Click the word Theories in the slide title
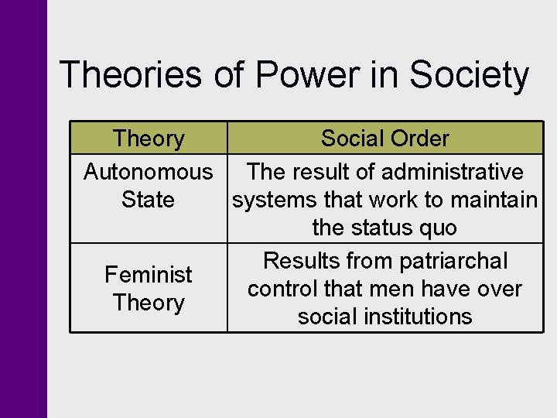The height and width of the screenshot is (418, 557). click(x=128, y=76)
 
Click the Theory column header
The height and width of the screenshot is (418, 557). click(x=149, y=139)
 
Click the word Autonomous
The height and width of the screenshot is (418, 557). click(x=148, y=171)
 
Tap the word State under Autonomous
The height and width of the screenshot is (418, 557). click(x=148, y=200)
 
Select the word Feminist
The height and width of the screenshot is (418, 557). click(x=149, y=274)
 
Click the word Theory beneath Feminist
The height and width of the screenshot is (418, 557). click(x=149, y=303)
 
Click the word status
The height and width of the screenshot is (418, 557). click(x=388, y=228)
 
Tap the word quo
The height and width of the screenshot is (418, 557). click(x=439, y=228)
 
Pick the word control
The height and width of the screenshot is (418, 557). click(x=281, y=289)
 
